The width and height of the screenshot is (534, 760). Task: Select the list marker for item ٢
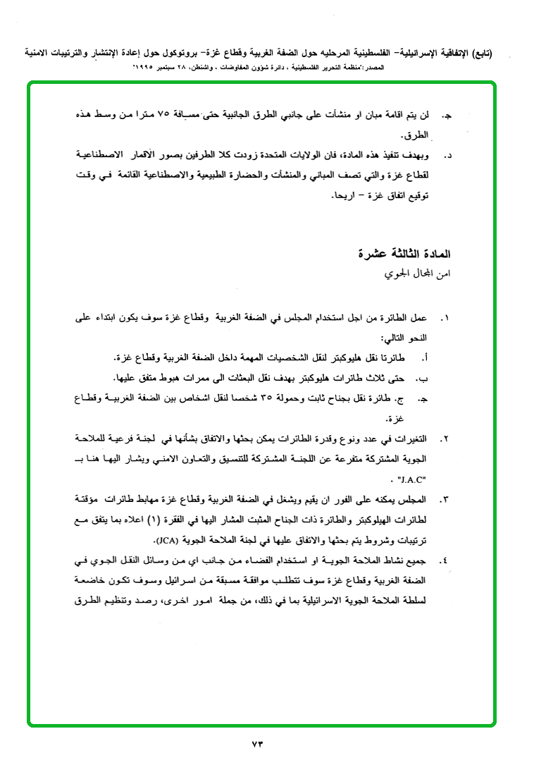coord(445,439)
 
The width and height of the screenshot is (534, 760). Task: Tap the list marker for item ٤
coord(445,561)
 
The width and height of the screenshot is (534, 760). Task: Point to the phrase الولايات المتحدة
coord(289,154)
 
